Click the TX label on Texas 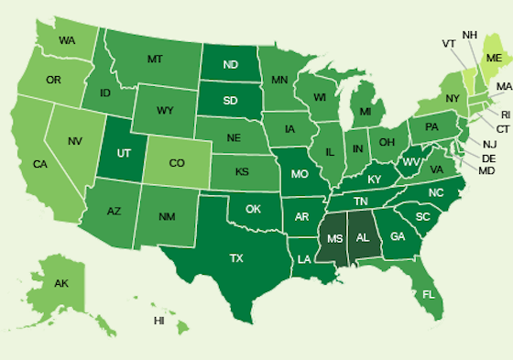tap(236, 259)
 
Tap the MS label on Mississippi tap(333, 239)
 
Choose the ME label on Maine tap(494, 56)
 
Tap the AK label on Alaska tap(61, 283)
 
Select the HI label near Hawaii tap(159, 321)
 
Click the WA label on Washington tap(67, 40)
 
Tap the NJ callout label tap(489, 145)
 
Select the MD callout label tap(486, 171)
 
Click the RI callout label tap(503, 115)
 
